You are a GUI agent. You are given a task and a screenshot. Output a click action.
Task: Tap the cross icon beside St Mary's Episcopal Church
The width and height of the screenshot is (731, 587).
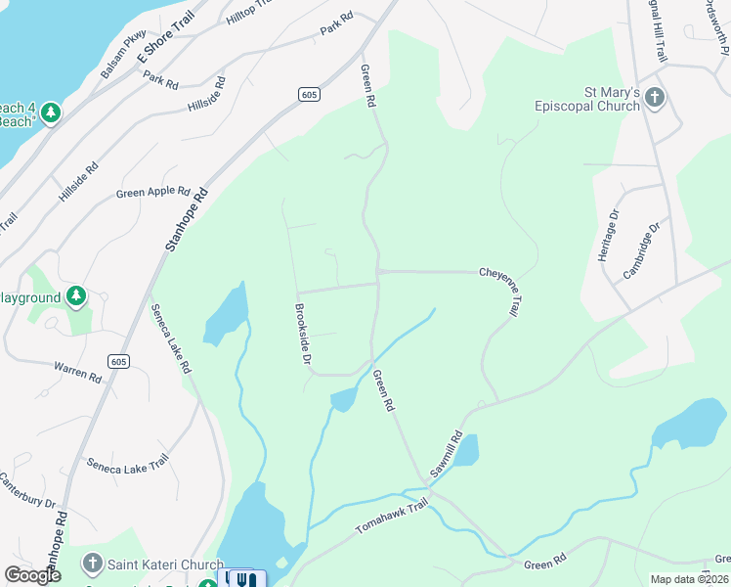[655, 98]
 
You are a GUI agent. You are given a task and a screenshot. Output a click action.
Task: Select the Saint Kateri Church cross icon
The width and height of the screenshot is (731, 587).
[92, 564]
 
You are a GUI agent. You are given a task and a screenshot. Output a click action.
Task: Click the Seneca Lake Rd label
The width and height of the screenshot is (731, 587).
[171, 338]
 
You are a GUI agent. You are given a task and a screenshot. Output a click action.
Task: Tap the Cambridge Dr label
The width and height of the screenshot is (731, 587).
[642, 249]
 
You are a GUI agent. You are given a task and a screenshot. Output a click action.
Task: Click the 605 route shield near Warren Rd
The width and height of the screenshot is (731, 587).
[118, 362]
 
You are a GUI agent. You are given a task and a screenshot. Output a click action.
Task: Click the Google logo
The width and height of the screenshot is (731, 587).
[32, 575]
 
